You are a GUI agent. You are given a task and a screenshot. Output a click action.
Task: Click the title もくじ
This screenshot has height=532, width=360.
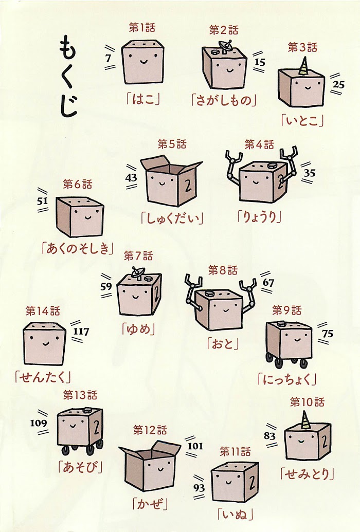[x=68, y=77]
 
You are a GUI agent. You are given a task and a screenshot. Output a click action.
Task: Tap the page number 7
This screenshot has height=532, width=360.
[x=108, y=58]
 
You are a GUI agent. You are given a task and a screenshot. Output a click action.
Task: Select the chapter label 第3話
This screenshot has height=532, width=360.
[x=302, y=47]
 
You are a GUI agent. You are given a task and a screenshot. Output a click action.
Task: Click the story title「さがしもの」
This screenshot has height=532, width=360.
[x=224, y=101]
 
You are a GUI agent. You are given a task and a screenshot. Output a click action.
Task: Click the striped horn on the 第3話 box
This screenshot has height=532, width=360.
[x=304, y=66]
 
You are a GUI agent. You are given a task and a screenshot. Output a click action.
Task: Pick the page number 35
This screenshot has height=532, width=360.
[x=309, y=173]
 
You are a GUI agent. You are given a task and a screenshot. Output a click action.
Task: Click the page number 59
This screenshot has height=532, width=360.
[x=106, y=286]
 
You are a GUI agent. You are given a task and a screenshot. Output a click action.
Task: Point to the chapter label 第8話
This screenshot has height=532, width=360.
[x=223, y=270]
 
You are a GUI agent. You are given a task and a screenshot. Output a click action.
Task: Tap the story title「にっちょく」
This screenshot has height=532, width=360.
[x=287, y=379]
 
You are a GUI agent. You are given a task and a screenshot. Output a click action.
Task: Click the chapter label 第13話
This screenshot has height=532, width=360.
[x=80, y=395]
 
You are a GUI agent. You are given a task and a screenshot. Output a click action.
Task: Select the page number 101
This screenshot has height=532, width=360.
[x=195, y=446]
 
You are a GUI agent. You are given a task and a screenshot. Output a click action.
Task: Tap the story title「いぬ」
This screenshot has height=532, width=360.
[x=236, y=515]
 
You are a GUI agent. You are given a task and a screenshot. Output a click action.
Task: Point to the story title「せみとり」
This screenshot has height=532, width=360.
[x=307, y=473]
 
